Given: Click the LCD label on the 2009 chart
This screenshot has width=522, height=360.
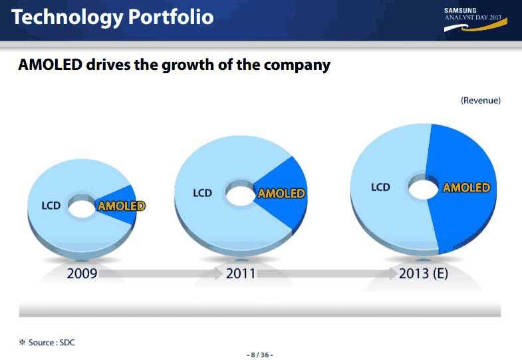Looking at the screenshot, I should [51, 206].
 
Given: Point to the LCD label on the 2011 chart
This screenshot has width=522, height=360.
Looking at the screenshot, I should [202, 193].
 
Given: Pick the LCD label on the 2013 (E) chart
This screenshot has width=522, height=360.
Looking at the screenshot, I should [380, 187].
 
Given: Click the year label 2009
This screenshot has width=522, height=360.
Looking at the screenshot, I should [82, 273].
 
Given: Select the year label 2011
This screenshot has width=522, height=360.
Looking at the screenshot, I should [241, 273].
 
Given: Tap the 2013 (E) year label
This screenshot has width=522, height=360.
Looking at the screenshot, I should [424, 273].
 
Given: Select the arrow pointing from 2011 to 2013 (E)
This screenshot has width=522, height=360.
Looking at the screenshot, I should [326, 273].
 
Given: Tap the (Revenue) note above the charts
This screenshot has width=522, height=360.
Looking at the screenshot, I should [480, 100].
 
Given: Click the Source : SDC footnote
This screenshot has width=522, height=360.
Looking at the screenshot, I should [47, 342].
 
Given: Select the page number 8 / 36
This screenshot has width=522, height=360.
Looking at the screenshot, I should [260, 355].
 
